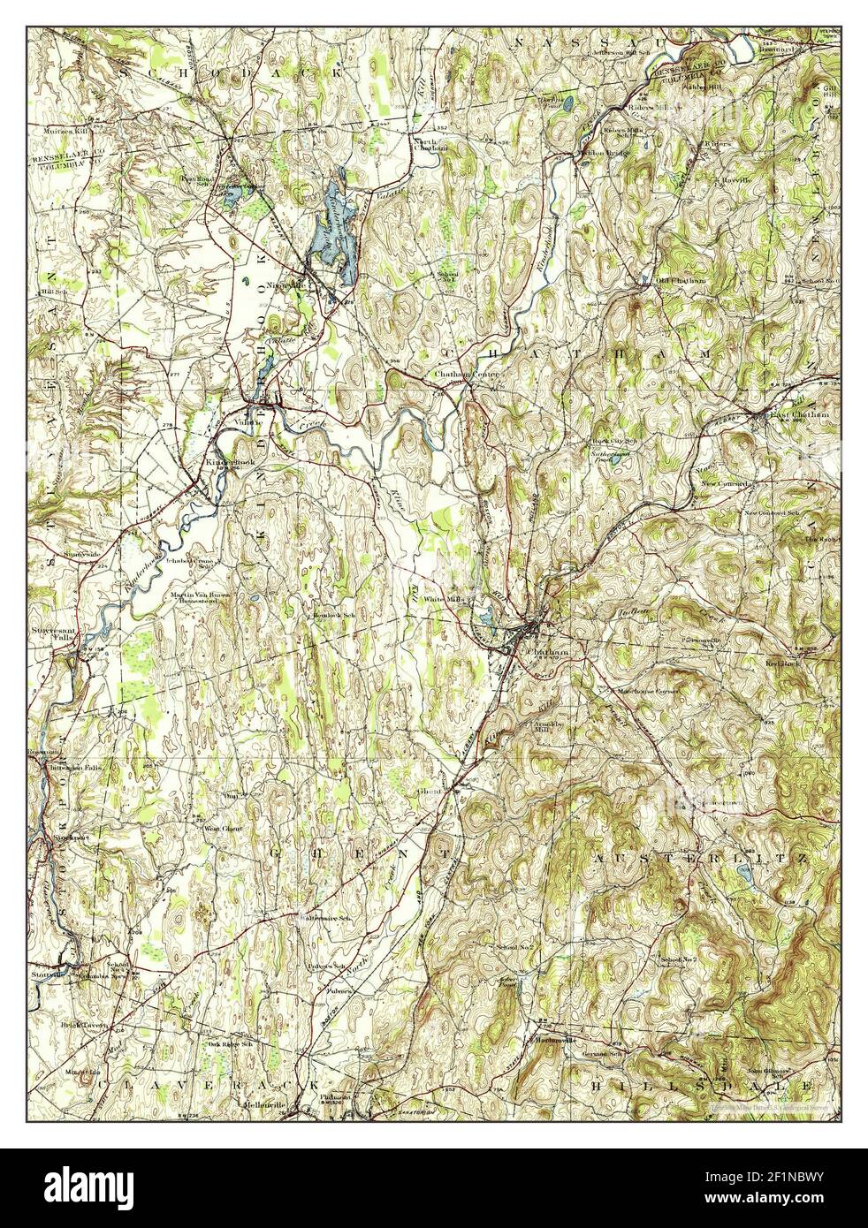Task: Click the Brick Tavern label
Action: point(85,1027)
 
